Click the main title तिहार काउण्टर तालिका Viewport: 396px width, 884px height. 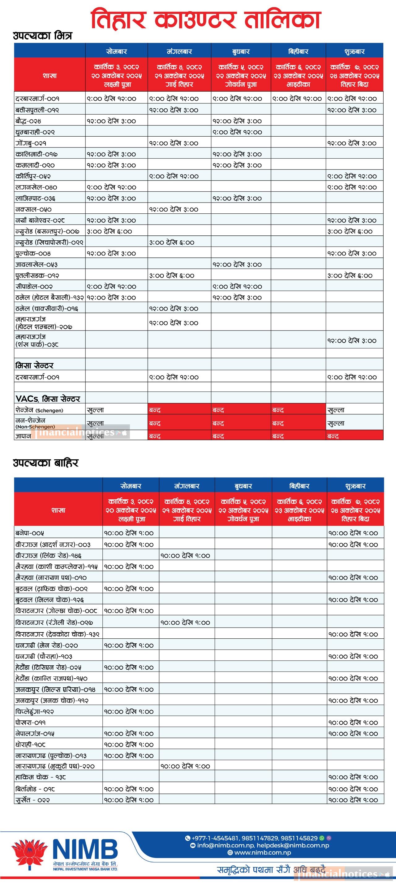point(205,20)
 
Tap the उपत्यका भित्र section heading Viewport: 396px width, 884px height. point(42,36)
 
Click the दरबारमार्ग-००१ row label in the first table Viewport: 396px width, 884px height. point(37,99)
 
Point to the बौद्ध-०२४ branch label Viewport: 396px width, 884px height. point(33,121)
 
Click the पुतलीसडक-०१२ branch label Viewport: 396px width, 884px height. point(34,276)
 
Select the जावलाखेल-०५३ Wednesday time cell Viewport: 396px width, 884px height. point(237,265)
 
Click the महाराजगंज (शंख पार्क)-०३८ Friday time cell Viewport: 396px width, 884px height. point(351,341)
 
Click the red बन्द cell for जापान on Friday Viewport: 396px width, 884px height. point(354,436)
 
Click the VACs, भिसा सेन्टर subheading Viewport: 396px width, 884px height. point(48,399)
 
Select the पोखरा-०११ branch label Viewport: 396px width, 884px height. point(31,723)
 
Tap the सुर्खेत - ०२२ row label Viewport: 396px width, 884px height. point(32,800)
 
